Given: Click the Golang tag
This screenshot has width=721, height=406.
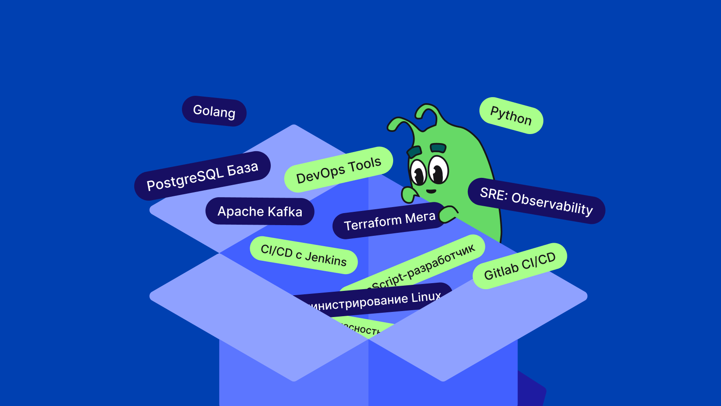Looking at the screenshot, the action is (214, 111).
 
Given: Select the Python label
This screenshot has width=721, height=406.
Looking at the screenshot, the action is (511, 116).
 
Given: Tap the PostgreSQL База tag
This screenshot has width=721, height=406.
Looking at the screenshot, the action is (202, 176).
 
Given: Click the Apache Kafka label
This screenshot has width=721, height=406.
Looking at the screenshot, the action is (260, 211).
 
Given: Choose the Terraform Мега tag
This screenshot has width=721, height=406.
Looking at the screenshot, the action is (389, 221).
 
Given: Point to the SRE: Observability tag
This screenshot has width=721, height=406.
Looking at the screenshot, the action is (536, 201).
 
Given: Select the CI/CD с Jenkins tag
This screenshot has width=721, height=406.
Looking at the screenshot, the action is (303, 255).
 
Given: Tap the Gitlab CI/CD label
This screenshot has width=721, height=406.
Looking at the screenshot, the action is (520, 266).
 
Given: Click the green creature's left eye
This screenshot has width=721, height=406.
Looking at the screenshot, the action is (418, 172).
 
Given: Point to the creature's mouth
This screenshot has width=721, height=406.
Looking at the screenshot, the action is (431, 191).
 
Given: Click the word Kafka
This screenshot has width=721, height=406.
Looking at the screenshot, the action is (285, 212).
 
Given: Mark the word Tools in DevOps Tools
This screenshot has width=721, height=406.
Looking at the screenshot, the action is (364, 165).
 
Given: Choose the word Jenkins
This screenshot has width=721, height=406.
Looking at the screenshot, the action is (326, 259).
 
